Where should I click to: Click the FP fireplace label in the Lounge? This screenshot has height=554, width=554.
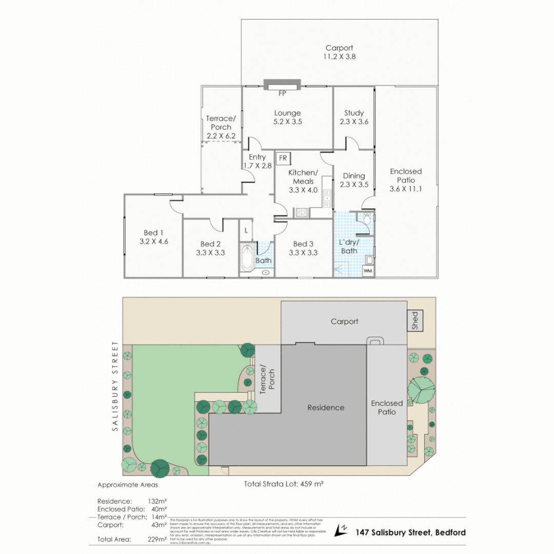point(282,93)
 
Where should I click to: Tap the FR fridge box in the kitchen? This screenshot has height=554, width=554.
point(283,158)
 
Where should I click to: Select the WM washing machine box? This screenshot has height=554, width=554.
point(368,270)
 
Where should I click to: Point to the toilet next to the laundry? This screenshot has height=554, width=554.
point(366,220)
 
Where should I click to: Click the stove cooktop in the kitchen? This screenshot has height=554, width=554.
point(301,211)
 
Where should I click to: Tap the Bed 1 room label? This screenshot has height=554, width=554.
point(151,233)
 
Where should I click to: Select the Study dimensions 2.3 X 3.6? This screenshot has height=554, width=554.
point(354,122)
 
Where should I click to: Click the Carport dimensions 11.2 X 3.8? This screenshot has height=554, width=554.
point(339,57)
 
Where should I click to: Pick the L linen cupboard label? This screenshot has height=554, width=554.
point(246,231)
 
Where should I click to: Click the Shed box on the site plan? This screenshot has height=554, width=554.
point(414,321)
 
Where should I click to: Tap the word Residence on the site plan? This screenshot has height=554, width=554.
point(326,407)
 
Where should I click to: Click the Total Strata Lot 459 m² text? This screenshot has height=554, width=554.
point(283,483)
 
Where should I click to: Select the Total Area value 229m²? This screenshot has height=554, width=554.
point(156,539)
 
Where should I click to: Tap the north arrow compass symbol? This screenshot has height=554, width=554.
point(341,532)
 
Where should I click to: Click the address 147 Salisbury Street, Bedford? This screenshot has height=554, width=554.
point(410,532)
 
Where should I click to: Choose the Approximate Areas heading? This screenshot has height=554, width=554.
point(128,484)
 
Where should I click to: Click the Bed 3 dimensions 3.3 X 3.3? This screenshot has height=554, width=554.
point(303,252)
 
